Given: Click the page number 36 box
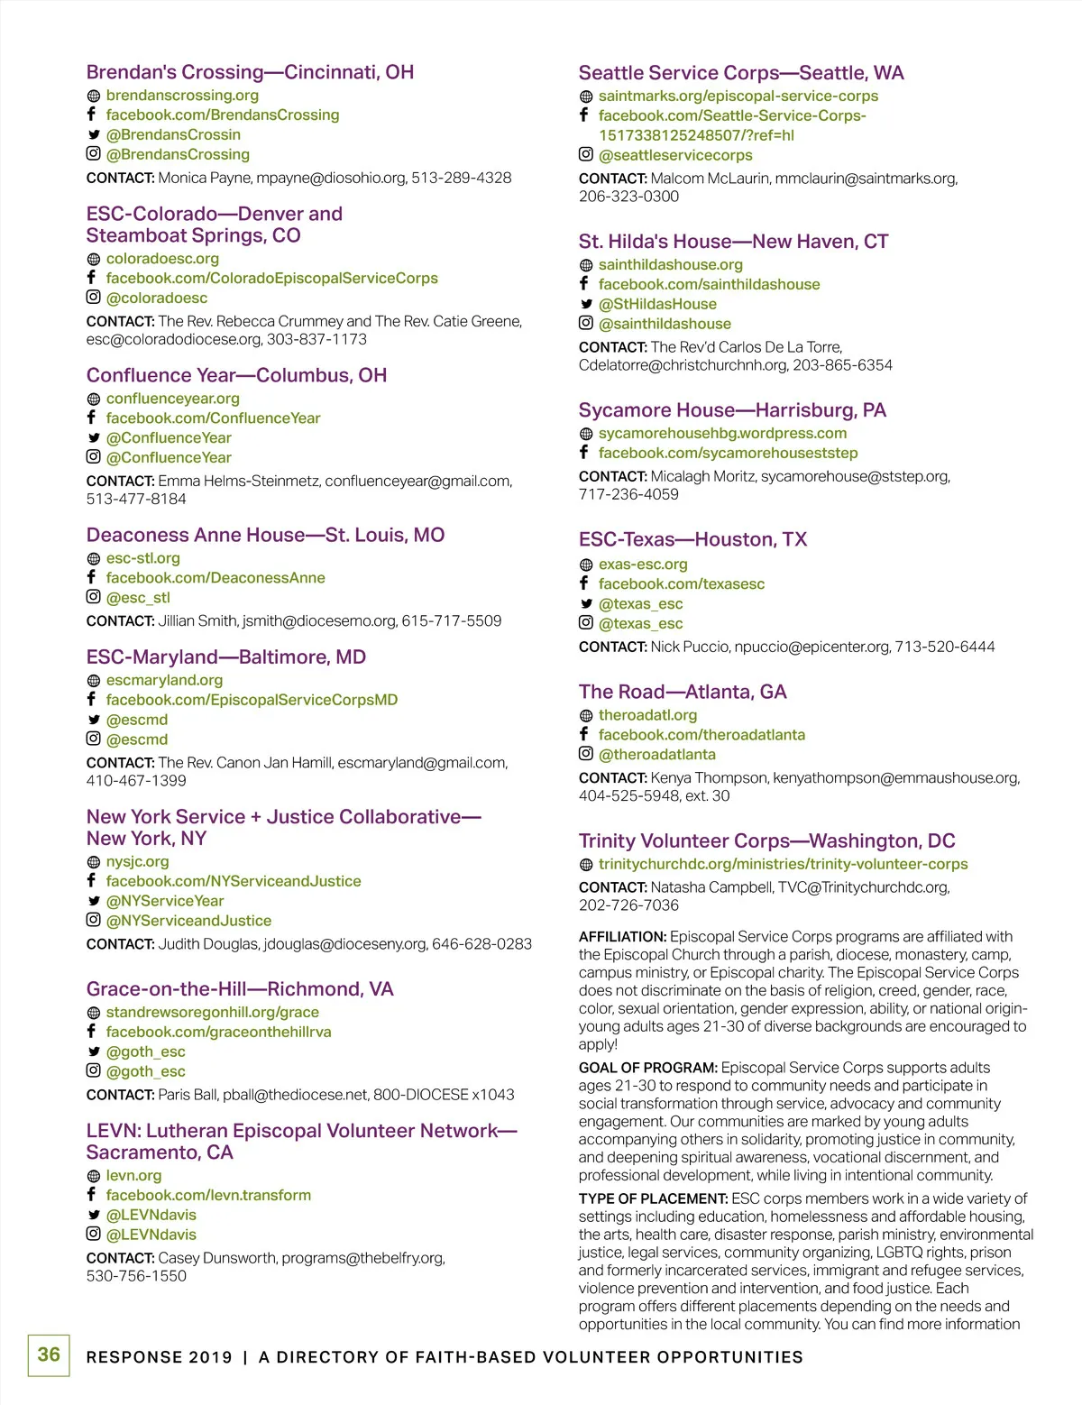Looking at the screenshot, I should [x=49, y=1355].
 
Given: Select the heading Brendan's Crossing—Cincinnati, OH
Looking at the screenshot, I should [x=250, y=72].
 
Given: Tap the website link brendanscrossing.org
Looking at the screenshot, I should [x=182, y=96].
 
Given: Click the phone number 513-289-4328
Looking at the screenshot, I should [x=461, y=178].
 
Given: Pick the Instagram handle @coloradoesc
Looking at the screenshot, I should [x=157, y=298].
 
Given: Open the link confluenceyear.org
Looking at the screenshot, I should [x=173, y=399].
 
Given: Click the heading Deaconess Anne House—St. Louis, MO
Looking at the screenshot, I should [x=265, y=535].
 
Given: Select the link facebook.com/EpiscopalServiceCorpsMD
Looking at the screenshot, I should [x=252, y=700].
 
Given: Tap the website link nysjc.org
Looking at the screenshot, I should [x=137, y=861].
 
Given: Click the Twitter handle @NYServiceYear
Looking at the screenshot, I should [x=165, y=901].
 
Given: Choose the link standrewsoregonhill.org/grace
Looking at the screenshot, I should [x=213, y=1012].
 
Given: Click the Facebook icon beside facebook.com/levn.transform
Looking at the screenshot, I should [x=92, y=1194].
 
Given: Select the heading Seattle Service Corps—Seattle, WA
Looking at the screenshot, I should [x=741, y=73].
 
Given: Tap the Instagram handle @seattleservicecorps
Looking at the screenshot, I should [x=675, y=155].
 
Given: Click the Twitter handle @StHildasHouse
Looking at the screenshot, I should [x=657, y=304].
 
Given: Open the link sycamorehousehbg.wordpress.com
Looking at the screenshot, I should [x=722, y=433].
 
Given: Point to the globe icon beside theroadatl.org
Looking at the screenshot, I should [x=586, y=716].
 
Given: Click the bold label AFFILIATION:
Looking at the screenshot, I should [x=622, y=937].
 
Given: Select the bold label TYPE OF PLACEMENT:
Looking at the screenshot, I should [x=653, y=1198].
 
